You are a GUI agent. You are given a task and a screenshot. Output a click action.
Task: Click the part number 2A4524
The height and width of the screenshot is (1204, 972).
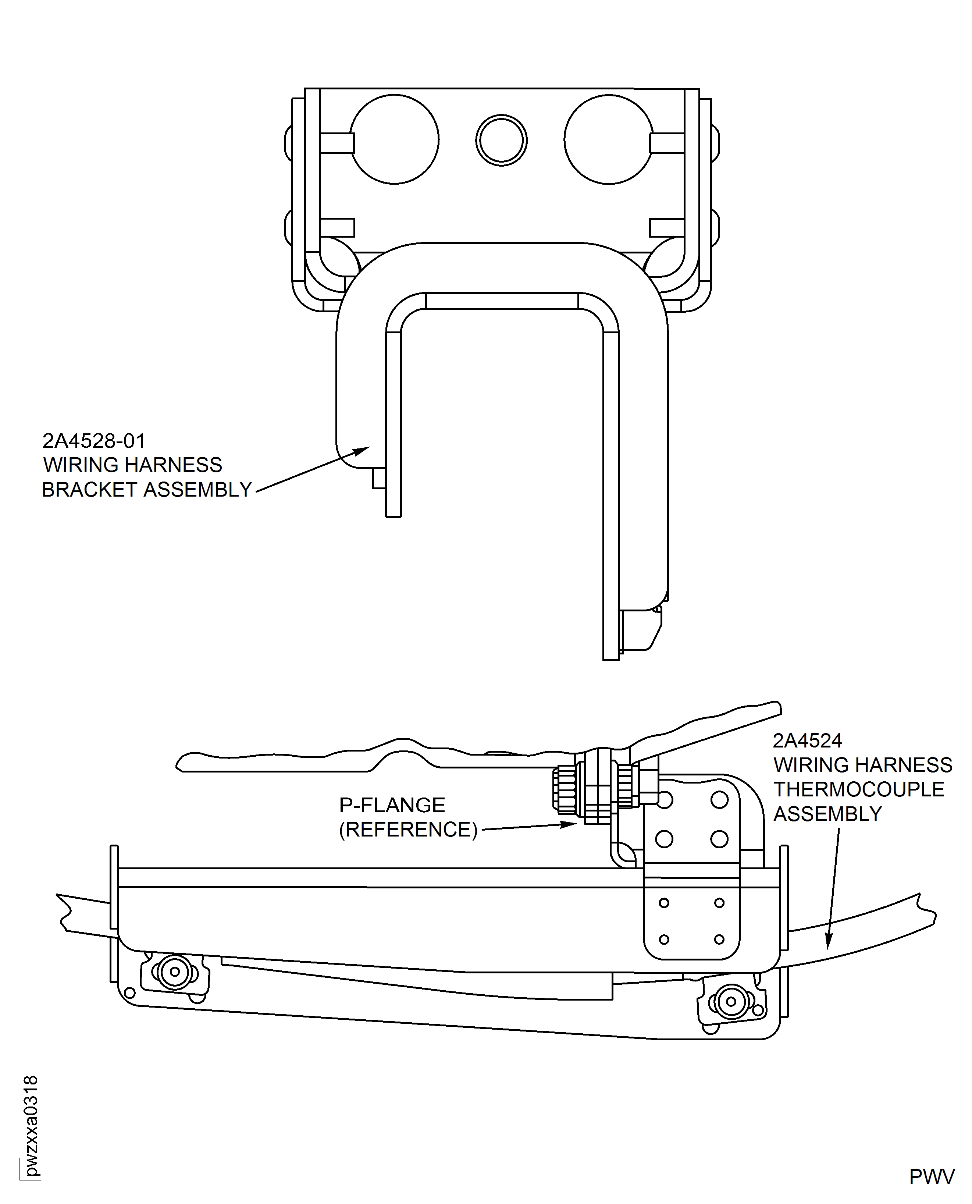pos(807,741)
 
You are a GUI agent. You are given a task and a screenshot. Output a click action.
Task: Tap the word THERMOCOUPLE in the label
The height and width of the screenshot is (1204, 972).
pos(858,789)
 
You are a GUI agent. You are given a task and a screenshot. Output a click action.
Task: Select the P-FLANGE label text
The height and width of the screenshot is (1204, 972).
pos(392,805)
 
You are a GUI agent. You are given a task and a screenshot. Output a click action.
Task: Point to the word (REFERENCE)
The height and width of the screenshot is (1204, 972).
pos(408,830)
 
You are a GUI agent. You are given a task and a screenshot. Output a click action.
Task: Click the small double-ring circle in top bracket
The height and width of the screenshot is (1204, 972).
pos(501,141)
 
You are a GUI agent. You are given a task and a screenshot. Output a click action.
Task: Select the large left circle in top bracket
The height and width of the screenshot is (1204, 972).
pos(394,139)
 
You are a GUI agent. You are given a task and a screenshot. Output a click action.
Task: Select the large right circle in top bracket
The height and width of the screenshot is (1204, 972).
pos(609,139)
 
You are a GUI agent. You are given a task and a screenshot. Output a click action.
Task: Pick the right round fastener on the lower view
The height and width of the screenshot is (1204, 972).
pos(731,1002)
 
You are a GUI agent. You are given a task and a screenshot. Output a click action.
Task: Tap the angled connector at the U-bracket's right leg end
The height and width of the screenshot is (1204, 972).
pos(641,630)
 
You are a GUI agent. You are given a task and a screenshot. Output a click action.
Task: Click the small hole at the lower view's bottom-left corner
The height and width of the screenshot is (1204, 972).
pos(129,993)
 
